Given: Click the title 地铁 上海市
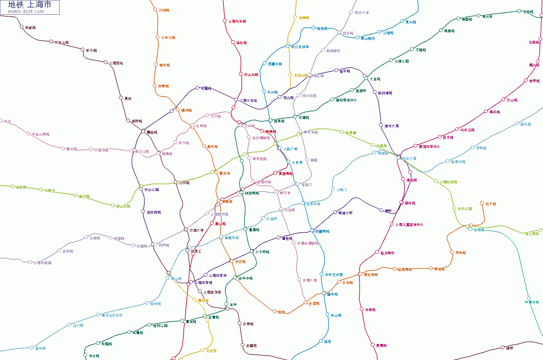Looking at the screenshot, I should click(x=30, y=5).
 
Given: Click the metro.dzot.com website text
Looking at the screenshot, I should click(x=26, y=12).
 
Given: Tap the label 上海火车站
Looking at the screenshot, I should click(x=248, y=101).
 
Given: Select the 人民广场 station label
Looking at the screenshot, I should click(x=290, y=149).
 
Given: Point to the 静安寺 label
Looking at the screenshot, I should click(x=225, y=173).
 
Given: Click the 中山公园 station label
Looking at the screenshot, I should click(x=151, y=190).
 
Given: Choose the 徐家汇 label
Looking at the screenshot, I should click(x=196, y=251).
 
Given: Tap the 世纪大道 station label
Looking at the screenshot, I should click(x=409, y=159).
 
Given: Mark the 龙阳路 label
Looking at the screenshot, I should click(x=479, y=230).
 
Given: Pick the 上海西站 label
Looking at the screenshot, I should click(x=116, y=63).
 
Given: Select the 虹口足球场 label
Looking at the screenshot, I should click(x=300, y=47).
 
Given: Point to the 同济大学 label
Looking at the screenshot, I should click(x=361, y=13).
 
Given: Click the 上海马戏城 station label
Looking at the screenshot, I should click(x=237, y=21).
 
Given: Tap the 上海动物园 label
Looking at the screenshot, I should click(x=42, y=263).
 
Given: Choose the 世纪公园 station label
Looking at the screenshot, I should click(x=465, y=209).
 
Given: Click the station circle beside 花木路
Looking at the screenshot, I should click(x=482, y=203).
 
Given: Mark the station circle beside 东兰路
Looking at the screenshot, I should click(x=85, y=355).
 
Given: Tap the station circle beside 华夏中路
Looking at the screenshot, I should click(x=529, y=298).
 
